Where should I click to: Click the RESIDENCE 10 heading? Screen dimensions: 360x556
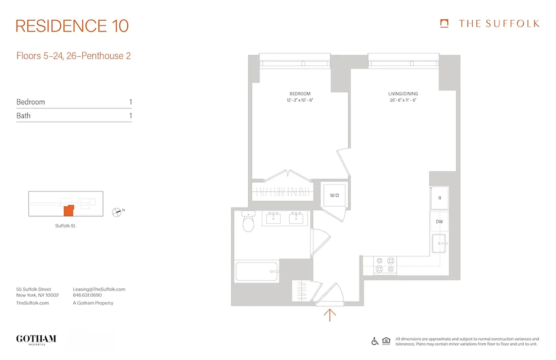(72, 26)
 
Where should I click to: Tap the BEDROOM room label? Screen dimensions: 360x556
(300, 94)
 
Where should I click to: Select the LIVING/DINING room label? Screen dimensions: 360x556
(403, 94)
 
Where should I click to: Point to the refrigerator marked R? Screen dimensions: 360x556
(439, 198)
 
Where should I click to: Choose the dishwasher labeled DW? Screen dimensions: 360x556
(439, 222)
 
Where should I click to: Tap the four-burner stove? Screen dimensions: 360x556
(386, 265)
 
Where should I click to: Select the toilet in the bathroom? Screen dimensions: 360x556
(248, 221)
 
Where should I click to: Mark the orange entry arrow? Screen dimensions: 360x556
(330, 315)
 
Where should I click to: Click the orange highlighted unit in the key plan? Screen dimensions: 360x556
(68, 210)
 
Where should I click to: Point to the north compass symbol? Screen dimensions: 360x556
(117, 211)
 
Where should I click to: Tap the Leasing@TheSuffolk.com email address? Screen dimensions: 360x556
(99, 289)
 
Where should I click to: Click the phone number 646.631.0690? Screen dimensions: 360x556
(87, 296)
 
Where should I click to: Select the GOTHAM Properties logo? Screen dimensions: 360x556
(36, 339)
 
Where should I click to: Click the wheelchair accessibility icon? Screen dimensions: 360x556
(375, 341)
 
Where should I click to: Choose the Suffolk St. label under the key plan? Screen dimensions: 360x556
(66, 226)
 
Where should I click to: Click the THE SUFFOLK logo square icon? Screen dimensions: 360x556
(444, 23)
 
